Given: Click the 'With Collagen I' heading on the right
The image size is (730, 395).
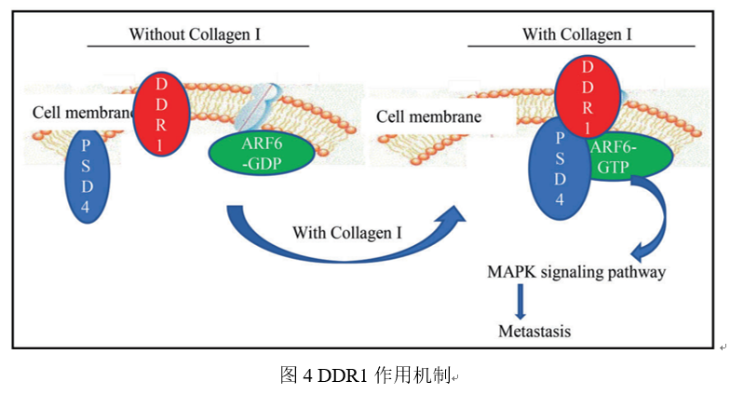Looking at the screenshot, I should [x=577, y=34].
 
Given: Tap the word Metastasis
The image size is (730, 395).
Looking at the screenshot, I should [x=534, y=332].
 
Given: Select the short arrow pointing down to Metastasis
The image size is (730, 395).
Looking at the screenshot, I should [x=520, y=301].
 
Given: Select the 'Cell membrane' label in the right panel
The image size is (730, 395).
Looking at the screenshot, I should [x=429, y=117].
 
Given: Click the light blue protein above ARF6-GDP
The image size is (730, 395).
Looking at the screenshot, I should [x=257, y=108].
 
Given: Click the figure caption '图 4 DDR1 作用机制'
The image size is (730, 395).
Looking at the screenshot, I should [x=364, y=375].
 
